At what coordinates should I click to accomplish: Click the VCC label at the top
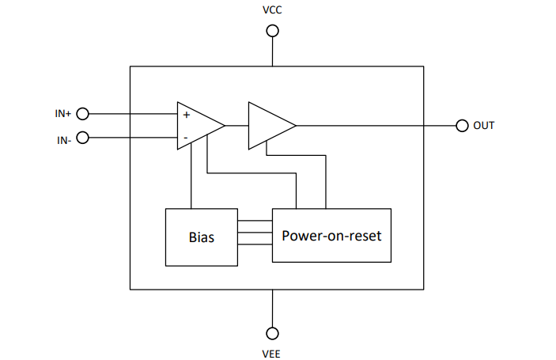tap(272, 10)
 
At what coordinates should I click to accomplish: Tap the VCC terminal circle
tap(272, 31)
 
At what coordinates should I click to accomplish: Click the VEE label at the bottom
tap(272, 352)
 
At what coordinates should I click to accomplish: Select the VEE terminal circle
tap(272, 332)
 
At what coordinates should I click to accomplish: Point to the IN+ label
tap(63, 114)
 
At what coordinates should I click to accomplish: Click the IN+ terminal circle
tap(81, 114)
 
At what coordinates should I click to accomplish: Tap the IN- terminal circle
tap(81, 137)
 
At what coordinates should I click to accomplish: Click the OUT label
tap(483, 125)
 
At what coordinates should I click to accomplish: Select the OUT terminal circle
tap(463, 125)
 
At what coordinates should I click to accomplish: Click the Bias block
tap(201, 237)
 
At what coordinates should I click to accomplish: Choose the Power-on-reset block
tap(331, 235)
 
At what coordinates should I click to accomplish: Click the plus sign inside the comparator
tap(187, 115)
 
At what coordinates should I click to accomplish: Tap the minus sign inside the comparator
tap(186, 137)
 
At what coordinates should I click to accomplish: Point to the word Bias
tap(201, 237)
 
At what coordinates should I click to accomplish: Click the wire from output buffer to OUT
tap(376, 125)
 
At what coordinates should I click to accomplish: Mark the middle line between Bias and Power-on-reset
tap(255, 234)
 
